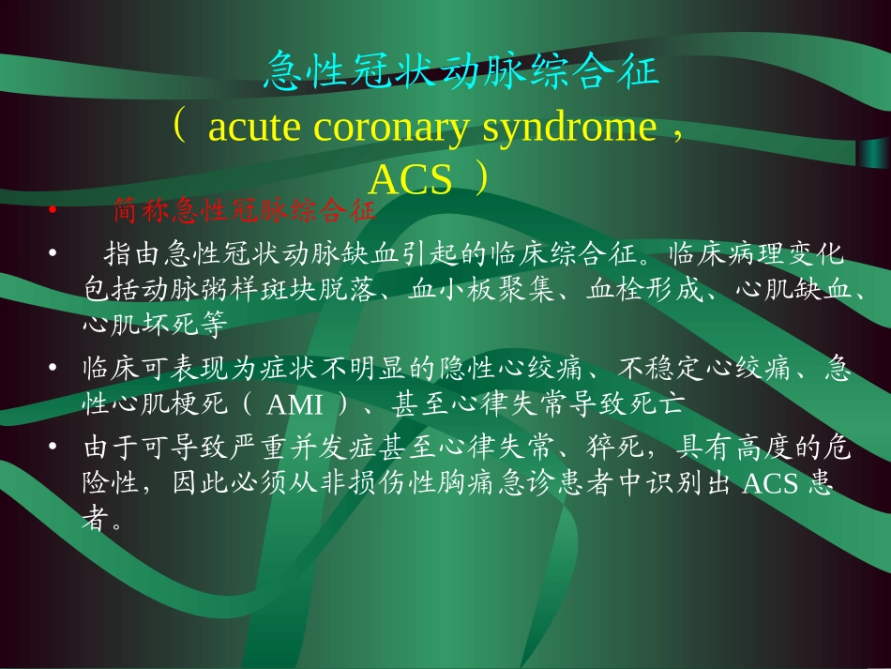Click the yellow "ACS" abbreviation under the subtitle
click(x=410, y=178)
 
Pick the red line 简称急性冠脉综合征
click(x=244, y=211)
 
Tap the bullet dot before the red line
click(x=53, y=212)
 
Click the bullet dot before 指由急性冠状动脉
click(x=53, y=254)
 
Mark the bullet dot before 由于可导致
click(x=53, y=449)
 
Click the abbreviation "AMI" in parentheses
click(x=295, y=405)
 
